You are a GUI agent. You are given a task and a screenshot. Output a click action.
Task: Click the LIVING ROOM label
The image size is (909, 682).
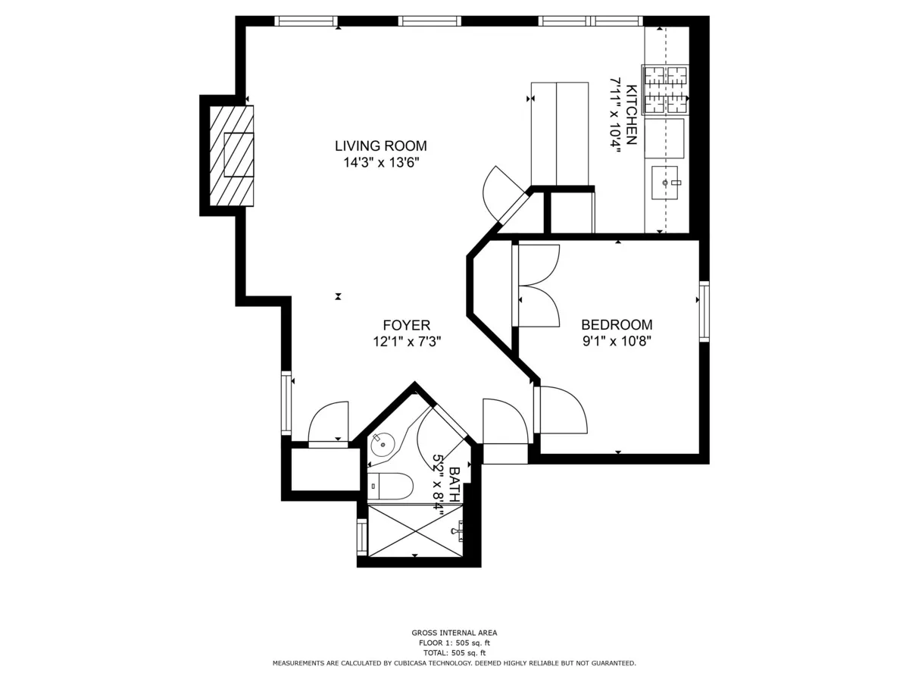click(x=381, y=145)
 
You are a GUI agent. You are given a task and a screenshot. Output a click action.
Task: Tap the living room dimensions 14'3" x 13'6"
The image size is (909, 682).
click(x=381, y=162)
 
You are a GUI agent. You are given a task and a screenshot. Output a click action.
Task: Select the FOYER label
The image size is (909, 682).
click(x=407, y=325)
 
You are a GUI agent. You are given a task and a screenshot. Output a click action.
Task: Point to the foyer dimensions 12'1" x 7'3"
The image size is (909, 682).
click(x=407, y=342)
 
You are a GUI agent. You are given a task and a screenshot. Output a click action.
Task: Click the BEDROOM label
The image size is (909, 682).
click(x=617, y=324)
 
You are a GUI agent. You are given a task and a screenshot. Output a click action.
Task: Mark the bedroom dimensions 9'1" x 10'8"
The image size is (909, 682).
click(x=617, y=341)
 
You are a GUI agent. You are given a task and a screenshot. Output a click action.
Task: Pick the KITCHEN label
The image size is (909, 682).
click(x=631, y=114)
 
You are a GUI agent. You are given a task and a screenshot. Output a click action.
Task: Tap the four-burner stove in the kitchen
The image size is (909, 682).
click(x=666, y=89)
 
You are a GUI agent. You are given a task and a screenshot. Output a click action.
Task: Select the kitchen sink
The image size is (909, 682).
click(x=666, y=183)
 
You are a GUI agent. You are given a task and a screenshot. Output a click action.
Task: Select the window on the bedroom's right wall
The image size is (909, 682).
click(x=704, y=310)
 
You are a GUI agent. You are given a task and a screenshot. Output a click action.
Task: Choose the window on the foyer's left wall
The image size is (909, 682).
click(x=286, y=402)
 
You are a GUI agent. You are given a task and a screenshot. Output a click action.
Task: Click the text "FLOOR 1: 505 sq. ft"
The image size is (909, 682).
click(x=454, y=643)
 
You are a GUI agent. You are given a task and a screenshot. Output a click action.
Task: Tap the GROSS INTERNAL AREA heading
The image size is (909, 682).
click(x=454, y=633)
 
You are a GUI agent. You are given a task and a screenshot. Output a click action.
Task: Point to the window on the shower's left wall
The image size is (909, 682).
click(x=362, y=537)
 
